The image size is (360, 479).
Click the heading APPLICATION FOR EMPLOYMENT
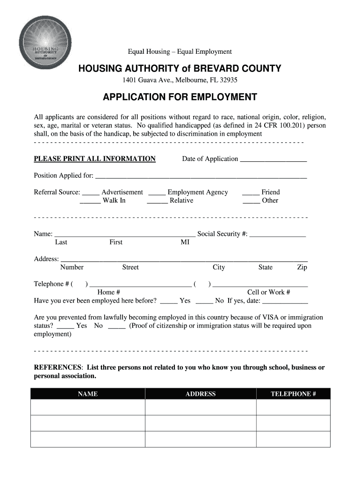click(180, 97)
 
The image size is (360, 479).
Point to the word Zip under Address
click(302, 268)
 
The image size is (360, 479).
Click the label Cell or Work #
click(268, 292)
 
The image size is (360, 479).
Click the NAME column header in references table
click(88, 394)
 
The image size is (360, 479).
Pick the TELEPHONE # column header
click(293, 394)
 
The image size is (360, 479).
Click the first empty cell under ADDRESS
click(200, 407)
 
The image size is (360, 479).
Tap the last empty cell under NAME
click(88, 439)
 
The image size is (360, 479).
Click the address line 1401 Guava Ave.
click(180, 80)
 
